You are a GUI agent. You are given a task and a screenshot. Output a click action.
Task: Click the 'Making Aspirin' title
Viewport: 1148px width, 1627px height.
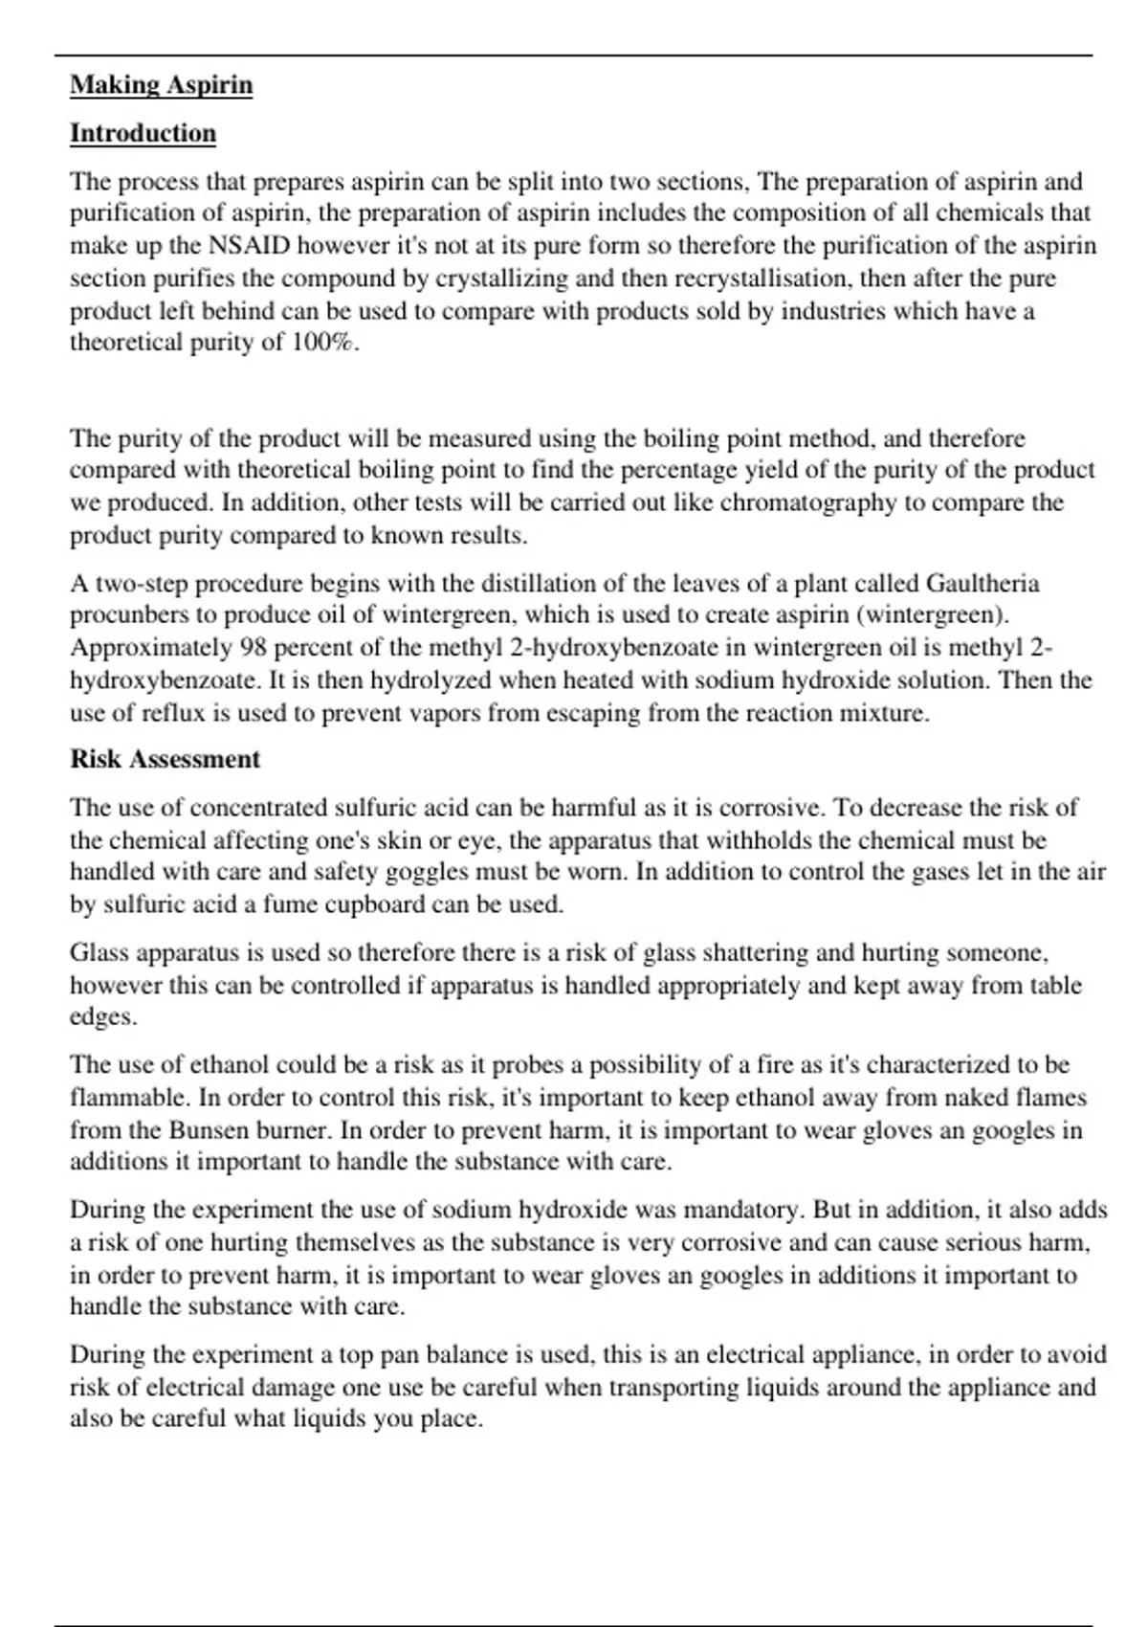click(x=161, y=85)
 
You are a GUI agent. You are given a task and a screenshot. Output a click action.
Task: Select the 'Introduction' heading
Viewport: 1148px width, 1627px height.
click(x=143, y=133)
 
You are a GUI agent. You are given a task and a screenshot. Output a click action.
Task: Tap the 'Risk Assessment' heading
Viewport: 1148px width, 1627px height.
click(x=165, y=759)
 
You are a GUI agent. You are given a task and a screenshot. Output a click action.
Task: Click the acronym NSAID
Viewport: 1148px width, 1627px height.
click(x=249, y=246)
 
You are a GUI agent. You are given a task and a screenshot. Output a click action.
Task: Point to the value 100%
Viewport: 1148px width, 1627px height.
click(x=322, y=343)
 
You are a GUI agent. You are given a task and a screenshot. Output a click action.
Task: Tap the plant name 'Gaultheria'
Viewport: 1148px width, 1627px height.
click(x=982, y=584)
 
